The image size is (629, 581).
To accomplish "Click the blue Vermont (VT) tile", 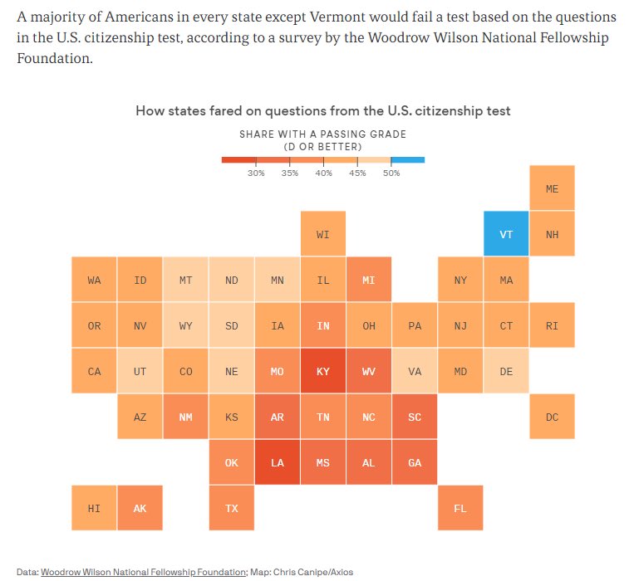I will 506,234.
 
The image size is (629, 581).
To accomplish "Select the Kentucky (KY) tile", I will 323,371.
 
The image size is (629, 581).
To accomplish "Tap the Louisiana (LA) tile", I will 278,462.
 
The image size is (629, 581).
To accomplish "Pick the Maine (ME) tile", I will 552,188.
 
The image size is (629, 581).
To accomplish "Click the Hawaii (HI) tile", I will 94,508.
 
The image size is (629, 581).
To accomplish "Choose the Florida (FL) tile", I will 460,508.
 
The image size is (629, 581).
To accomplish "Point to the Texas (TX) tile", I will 232,508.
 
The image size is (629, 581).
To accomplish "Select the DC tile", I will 552,417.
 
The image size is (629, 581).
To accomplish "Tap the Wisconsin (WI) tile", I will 323,234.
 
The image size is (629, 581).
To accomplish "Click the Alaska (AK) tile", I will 140,508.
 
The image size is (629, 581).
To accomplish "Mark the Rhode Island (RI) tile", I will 552,325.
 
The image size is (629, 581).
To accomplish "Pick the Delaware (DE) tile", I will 506,371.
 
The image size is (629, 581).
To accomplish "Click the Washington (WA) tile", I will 94,280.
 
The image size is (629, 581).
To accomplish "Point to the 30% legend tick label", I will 256,173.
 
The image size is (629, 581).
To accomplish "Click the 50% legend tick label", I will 391,173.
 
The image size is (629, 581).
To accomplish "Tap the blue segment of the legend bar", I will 408,159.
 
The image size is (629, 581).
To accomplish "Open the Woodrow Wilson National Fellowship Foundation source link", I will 144,572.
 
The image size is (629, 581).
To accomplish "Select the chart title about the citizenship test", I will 322,110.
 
